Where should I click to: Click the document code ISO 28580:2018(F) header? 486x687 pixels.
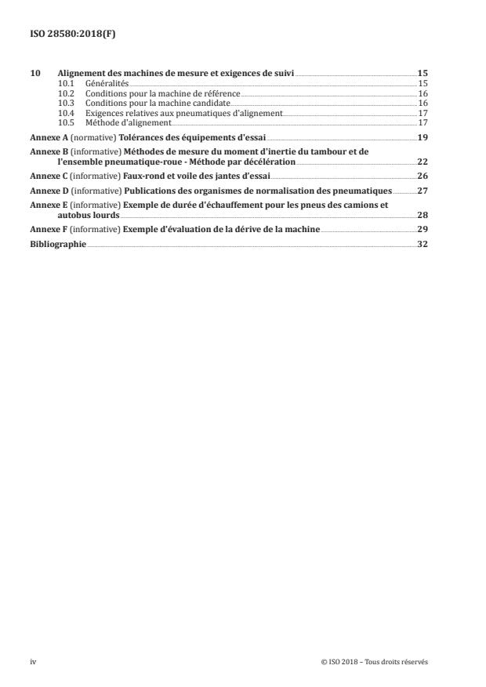click(65, 34)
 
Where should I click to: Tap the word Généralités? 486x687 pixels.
click(107, 82)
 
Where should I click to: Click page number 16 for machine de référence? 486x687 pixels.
click(422, 93)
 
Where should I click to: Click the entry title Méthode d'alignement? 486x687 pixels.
click(128, 123)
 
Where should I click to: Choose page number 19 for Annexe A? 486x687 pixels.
click(422, 136)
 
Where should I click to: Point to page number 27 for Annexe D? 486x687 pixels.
click(422, 190)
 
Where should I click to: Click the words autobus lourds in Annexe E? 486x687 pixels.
click(83, 214)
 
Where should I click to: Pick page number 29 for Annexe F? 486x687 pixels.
click(422, 229)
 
